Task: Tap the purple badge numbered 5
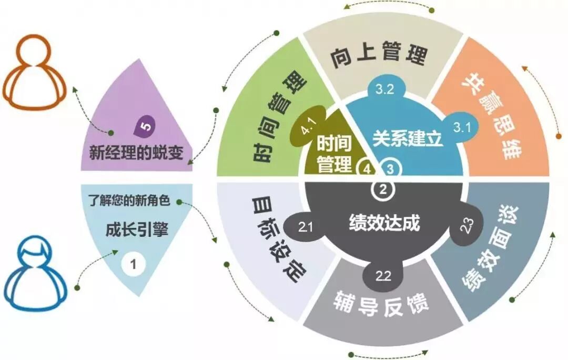tap(144, 125)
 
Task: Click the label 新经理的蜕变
tap(136, 153)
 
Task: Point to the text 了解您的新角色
tap(129, 202)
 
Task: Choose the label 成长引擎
tap(136, 231)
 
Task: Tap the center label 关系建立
tap(408, 138)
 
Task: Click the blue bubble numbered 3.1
tap(462, 126)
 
